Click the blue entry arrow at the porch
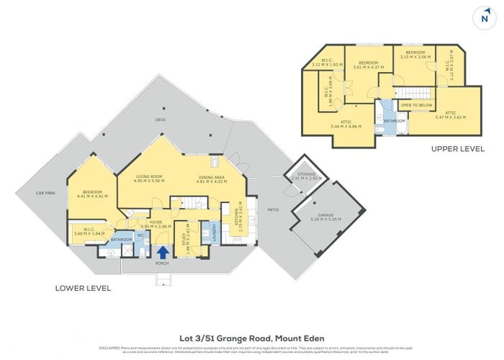click(163, 252)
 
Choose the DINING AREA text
click(211, 176)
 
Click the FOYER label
click(156, 222)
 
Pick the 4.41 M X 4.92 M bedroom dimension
click(91, 196)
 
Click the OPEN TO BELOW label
click(416, 105)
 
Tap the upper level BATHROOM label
click(395, 121)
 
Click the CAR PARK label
click(46, 193)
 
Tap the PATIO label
click(273, 210)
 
